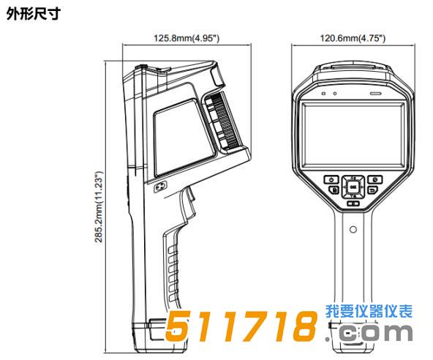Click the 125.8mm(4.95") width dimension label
[187, 38]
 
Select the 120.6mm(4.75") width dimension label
[353, 38]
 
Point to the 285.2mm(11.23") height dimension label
[99, 207]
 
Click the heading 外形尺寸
[34, 14]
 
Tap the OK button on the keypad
[353, 187]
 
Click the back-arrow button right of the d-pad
[373, 190]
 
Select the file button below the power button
[334, 190]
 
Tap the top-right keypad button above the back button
[375, 179]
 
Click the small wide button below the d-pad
[353, 203]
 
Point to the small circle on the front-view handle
[353, 229]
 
